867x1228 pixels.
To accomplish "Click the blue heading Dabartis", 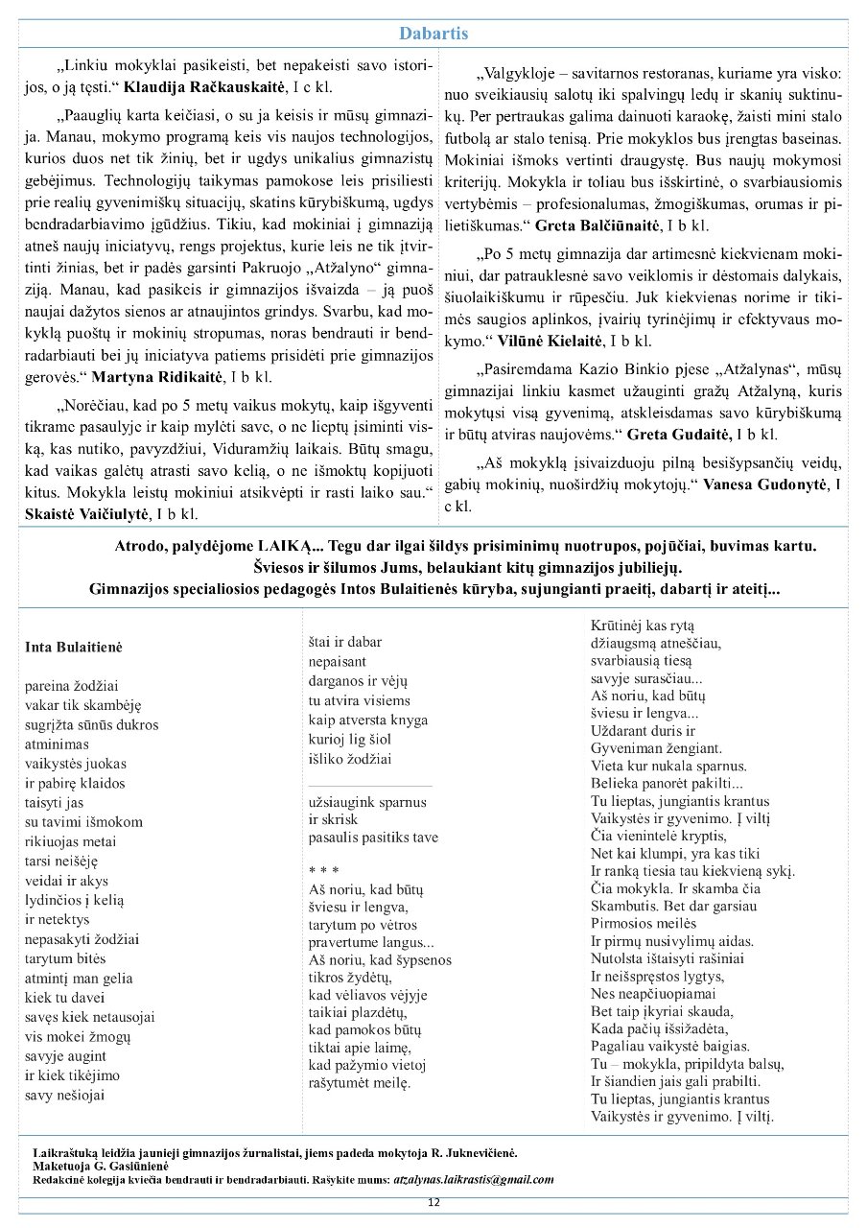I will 433,34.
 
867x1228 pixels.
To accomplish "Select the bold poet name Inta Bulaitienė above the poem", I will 73,648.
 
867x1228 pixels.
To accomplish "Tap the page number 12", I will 433,1202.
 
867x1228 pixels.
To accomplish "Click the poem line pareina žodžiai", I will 71,686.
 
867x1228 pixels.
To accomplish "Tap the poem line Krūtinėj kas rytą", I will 642,624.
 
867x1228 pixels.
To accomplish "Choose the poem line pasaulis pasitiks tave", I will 373,838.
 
